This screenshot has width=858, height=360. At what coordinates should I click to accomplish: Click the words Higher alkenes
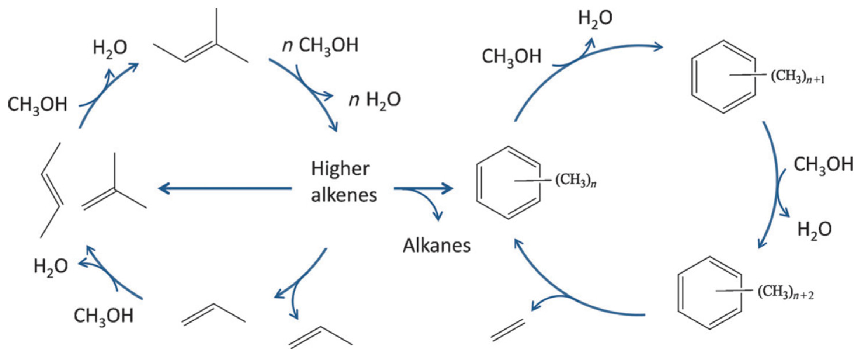(343, 182)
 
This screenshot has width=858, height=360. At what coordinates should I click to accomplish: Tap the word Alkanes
(437, 246)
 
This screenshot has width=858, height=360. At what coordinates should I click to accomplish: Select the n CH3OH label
(320, 46)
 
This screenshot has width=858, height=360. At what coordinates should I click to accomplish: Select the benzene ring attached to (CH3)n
(509, 182)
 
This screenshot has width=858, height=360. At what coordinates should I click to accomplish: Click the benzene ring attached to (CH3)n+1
(723, 77)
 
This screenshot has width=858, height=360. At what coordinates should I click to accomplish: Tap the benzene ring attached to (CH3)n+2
(710, 293)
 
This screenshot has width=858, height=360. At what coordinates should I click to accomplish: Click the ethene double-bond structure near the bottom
(508, 330)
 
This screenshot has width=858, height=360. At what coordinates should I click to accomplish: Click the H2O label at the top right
(595, 18)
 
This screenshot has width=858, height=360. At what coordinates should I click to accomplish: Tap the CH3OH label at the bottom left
(103, 316)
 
